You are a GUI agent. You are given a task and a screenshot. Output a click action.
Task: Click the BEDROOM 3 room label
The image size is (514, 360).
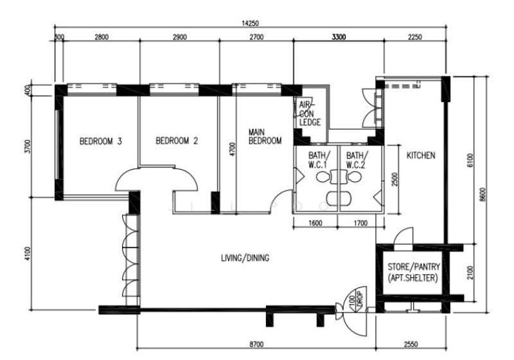pos(101,141)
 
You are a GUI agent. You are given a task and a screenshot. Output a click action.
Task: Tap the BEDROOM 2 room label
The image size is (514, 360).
pos(177,141)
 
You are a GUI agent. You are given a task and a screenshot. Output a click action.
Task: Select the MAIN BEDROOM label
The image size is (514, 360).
pos(265,137)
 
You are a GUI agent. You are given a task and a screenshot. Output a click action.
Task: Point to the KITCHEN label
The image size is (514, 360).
pos(421,155)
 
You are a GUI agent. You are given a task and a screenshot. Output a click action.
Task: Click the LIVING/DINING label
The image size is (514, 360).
pos(245,258)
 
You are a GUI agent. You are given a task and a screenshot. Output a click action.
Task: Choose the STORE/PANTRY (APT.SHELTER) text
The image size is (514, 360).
pos(413,272)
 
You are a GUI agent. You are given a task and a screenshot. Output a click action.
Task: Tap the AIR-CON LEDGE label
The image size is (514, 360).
pos(310,113)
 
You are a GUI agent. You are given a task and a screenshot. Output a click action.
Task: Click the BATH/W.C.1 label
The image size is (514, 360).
pos(317,159)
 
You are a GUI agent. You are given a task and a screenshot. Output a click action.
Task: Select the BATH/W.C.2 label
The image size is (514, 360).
pos(356,159)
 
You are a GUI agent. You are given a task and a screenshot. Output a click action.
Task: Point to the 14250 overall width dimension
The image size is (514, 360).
pos(250,23)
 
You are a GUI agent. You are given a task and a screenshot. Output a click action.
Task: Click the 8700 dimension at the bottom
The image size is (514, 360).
pos(256,345)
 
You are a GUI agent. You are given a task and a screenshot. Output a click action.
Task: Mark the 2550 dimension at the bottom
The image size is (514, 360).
pos(411,345)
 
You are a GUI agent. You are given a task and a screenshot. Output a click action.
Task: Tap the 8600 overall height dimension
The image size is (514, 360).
pos(483,195)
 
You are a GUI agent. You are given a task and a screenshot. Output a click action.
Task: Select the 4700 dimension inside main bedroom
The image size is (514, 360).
pos(233,149)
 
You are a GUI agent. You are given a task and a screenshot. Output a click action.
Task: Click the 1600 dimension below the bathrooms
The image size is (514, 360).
pos(315,223)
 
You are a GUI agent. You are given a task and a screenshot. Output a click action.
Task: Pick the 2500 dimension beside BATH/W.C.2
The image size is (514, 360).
pos(394,179)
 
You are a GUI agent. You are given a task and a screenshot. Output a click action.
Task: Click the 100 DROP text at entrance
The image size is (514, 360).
pos(356,300)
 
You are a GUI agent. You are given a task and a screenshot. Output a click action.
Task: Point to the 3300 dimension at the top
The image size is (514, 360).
pos(339,37)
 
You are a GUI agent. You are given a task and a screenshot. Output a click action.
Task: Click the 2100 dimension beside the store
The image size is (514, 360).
pos(470,273)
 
